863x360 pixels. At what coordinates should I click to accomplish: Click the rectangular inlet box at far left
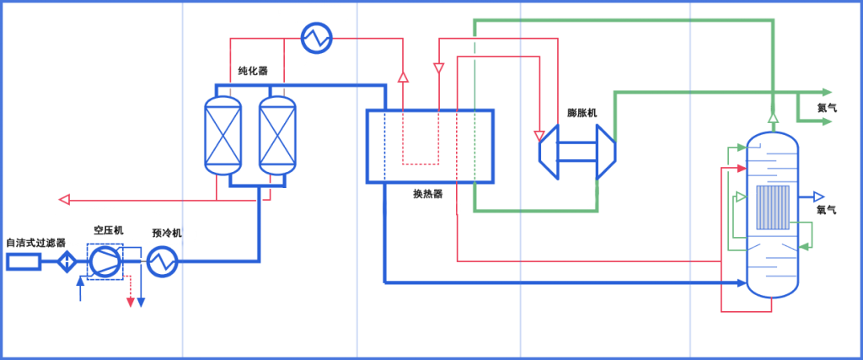tap(23, 262)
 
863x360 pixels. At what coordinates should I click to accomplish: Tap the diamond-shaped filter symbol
tap(67, 262)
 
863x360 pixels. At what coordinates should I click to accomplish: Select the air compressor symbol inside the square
tap(105, 261)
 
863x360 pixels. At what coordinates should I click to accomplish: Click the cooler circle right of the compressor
tap(162, 261)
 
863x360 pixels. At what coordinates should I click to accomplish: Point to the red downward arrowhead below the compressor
tap(130, 303)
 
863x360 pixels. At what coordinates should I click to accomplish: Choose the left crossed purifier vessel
tap(222, 136)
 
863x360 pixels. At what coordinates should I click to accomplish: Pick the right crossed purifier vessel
tap(277, 136)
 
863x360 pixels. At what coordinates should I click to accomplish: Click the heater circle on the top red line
tap(317, 37)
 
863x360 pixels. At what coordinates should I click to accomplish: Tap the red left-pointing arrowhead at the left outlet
tap(63, 200)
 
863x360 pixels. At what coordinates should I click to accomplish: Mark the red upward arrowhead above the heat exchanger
tap(403, 77)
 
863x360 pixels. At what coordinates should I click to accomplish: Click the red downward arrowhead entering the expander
tap(539, 136)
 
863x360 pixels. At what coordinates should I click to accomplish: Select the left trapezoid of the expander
tap(549, 152)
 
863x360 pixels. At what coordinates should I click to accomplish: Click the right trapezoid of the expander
tap(606, 152)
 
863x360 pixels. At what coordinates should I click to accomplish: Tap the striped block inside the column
tap(773, 207)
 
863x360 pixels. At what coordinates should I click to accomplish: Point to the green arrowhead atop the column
tap(773, 117)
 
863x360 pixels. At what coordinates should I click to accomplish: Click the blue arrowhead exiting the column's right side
tap(818, 197)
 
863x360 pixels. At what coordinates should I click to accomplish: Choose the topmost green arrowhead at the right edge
tap(827, 92)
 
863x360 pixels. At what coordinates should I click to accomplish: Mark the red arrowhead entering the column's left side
tap(741, 168)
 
